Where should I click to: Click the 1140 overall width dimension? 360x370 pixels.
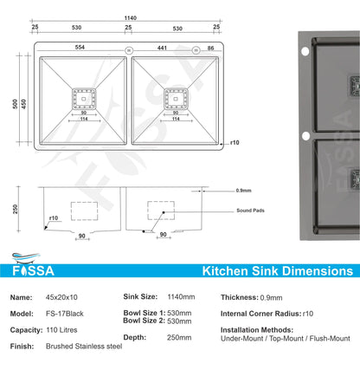pyautogui.click(x=130, y=18)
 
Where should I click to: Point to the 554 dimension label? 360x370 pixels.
pyautogui.click(x=79, y=49)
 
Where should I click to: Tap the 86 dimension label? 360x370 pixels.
pyautogui.click(x=210, y=49)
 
